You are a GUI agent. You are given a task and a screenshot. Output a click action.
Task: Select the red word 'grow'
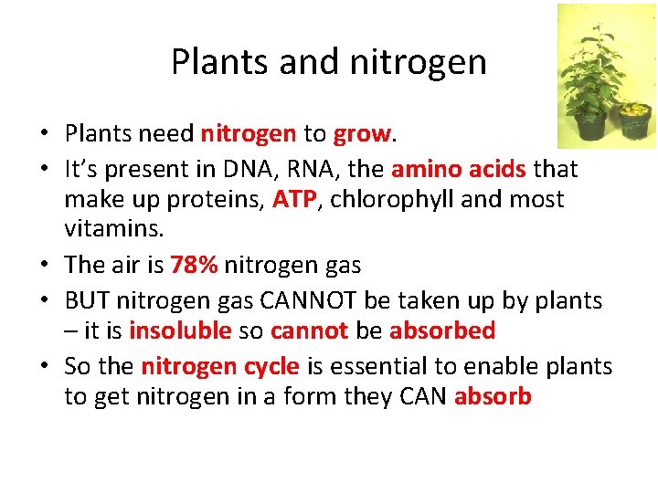pos(362,133)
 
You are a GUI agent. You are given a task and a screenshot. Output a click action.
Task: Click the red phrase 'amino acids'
pos(458,170)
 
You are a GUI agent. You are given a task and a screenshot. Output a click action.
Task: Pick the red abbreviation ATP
pos(294,199)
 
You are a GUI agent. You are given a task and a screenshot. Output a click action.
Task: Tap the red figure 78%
pos(194,265)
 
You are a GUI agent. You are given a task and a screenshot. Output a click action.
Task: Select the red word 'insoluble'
pos(180,330)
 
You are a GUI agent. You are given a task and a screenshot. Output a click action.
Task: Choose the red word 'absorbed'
pos(442,330)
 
